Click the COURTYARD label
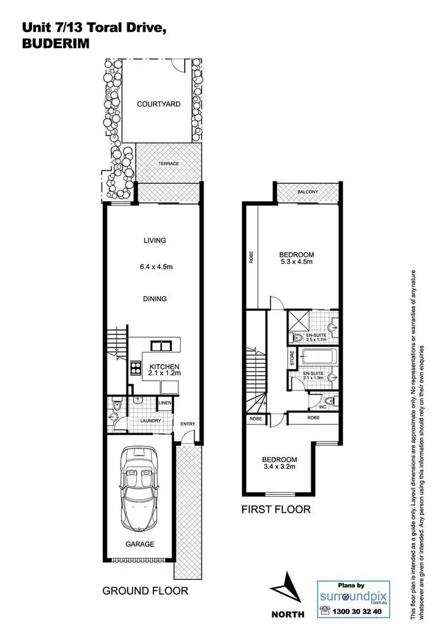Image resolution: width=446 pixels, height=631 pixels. click(x=159, y=104)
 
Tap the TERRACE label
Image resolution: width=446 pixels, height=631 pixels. click(x=168, y=164)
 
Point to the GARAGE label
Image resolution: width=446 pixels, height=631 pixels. click(x=140, y=544)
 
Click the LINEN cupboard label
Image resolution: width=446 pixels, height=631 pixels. click(x=165, y=404)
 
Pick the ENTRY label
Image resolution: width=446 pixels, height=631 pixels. click(x=188, y=423)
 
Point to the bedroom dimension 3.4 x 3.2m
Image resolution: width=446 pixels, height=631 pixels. click(x=280, y=467)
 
